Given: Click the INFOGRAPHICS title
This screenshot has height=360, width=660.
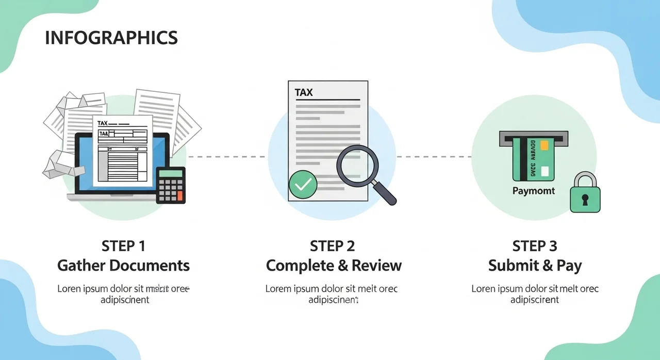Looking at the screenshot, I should click(111, 38).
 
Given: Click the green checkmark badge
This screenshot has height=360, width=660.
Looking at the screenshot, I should click(303, 185).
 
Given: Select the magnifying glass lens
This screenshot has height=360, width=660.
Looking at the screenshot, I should click(357, 166).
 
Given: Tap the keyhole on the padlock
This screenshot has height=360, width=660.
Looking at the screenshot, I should click(585, 199).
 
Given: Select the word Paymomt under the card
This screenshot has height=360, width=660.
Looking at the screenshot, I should click(534, 191).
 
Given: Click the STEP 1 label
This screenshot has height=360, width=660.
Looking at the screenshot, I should click(123, 246).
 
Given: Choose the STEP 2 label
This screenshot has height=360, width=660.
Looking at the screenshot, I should click(333, 246).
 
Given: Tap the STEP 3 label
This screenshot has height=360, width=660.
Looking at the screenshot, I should click(535, 246).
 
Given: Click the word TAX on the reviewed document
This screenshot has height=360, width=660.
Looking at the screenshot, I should click(304, 93).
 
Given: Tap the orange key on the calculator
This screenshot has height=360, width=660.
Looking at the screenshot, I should click(179, 195).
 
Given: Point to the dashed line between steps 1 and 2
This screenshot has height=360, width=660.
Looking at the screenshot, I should click(227, 156).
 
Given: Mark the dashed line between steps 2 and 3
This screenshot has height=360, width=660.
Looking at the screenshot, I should click(433, 156).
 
